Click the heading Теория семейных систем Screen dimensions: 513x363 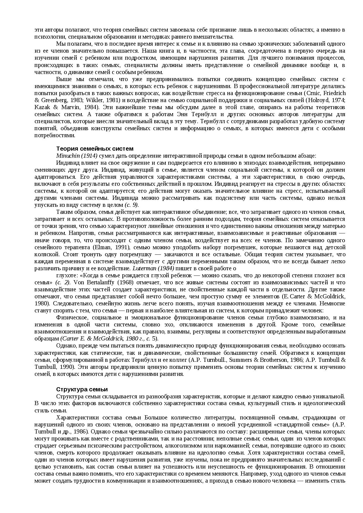click(x=95, y=149)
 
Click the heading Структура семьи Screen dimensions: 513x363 click(x=82, y=389)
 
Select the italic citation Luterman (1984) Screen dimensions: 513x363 click(x=153, y=268)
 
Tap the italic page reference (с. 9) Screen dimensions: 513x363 click(x=131, y=205)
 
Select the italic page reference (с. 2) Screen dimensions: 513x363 click(x=63, y=282)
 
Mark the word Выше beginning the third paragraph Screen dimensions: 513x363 click(x=63, y=79)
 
